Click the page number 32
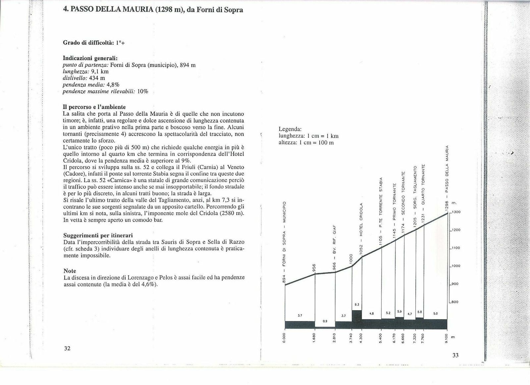click(x=67, y=348)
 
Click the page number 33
click(x=455, y=356)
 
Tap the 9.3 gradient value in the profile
click(x=356, y=304)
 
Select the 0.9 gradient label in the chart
click(x=325, y=321)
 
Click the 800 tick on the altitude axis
click(x=455, y=302)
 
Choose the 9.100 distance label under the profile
click(x=447, y=339)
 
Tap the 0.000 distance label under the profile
click(x=285, y=339)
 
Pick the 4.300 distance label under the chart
click(x=362, y=339)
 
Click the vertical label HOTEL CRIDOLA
click(x=362, y=220)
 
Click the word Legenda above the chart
click(x=290, y=129)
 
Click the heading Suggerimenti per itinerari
click(x=98, y=235)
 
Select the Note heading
click(x=70, y=271)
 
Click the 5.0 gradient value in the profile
click(x=436, y=313)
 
